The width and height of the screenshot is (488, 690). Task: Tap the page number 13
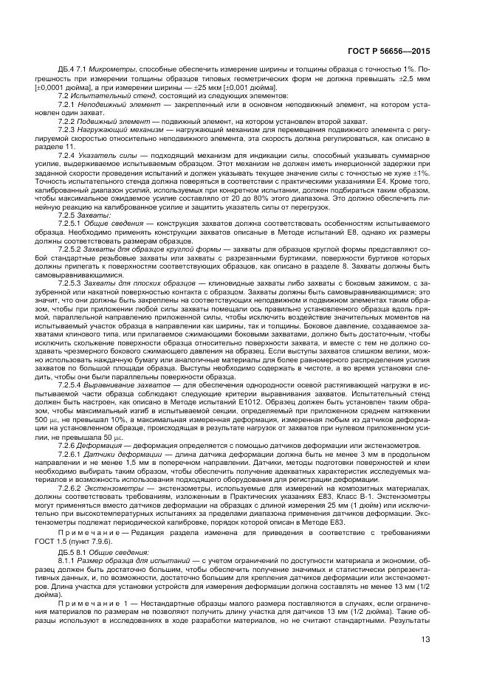coord(426,641)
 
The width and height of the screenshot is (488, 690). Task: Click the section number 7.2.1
coord(68,105)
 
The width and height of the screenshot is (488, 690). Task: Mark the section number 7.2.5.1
coord(71,222)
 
